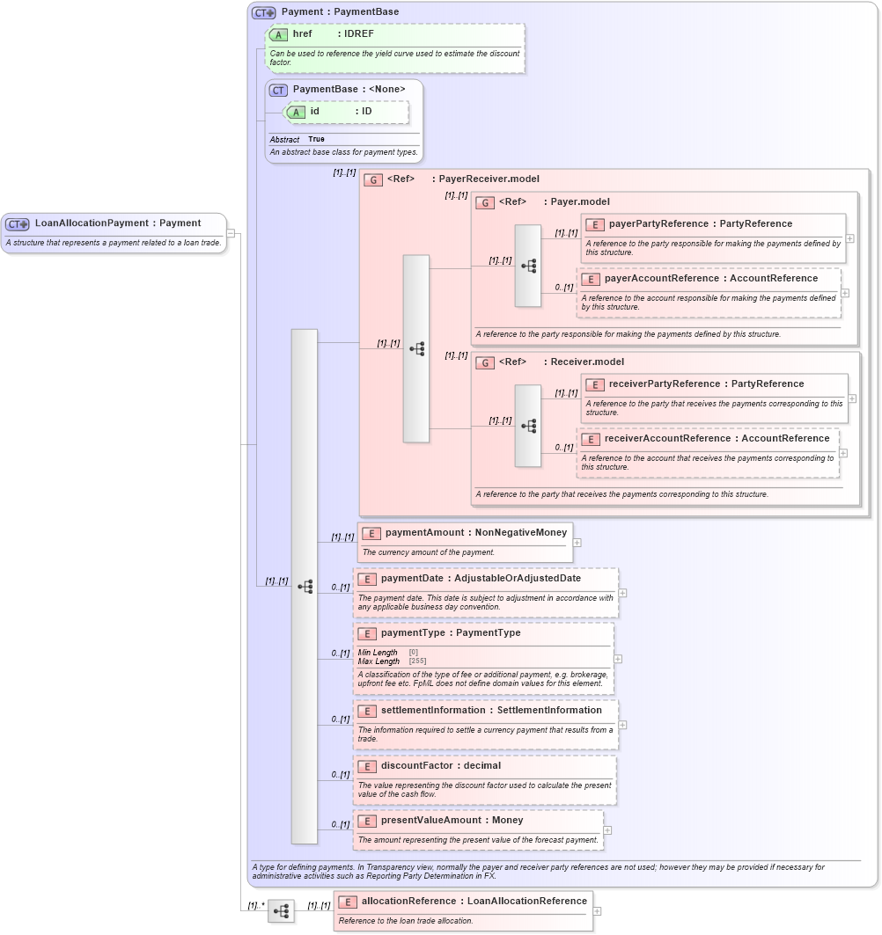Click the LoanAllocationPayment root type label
tap(118, 223)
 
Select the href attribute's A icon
tap(278, 34)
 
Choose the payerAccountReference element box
tap(709, 292)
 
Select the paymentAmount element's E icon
tap(371, 533)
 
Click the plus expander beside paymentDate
tap(622, 593)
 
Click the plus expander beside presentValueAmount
tap(607, 830)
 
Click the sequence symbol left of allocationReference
tap(281, 911)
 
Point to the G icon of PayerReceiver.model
tap(373, 179)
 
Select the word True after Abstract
tap(316, 139)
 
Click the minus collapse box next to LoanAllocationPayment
tap(231, 233)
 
